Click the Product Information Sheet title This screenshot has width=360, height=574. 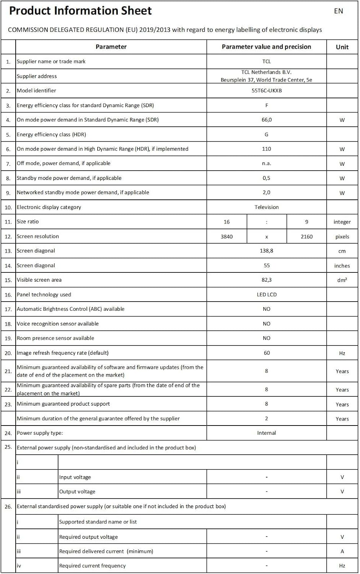click(80, 11)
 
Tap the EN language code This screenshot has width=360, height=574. click(339, 11)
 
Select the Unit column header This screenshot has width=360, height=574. click(342, 47)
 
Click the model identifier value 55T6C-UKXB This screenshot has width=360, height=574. click(267, 91)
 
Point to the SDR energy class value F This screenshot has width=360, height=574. click(267, 105)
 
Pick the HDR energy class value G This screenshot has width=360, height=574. click(267, 134)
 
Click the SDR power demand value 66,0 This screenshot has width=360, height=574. click(267, 120)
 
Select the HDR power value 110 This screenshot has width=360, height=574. click(267, 149)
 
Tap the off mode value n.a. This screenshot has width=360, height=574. click(267, 163)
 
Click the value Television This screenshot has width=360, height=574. click(267, 207)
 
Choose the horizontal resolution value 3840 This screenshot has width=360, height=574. click(227, 236)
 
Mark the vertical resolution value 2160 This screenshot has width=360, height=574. click(306, 236)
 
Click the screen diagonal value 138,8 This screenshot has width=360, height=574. click(267, 251)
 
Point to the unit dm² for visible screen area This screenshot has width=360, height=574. click(342, 280)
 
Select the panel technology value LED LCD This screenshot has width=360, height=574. click(267, 295)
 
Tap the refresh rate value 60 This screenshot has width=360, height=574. click(267, 353)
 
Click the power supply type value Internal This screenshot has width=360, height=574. click(267, 433)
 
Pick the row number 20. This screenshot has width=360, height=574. click(8, 353)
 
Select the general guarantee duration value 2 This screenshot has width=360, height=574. click(267, 419)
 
